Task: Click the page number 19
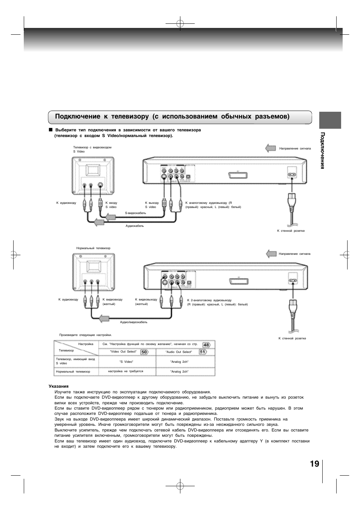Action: point(314,464)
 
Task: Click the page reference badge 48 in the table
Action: point(206,345)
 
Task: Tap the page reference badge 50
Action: point(144,352)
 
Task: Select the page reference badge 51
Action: point(203,352)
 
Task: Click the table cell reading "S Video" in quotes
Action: point(126,362)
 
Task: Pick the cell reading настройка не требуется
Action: point(126,371)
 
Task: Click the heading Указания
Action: point(58,386)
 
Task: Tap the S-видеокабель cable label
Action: point(135,213)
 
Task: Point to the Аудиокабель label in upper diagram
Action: point(135,226)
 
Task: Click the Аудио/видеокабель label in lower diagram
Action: point(134,322)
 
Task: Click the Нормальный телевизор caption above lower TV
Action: point(93,248)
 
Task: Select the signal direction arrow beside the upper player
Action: point(271,148)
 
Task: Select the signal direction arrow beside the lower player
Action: point(271,254)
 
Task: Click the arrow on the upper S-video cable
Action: point(110,217)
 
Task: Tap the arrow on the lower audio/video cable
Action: point(104,319)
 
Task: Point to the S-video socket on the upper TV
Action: point(100,185)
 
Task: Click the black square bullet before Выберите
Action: point(50,130)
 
